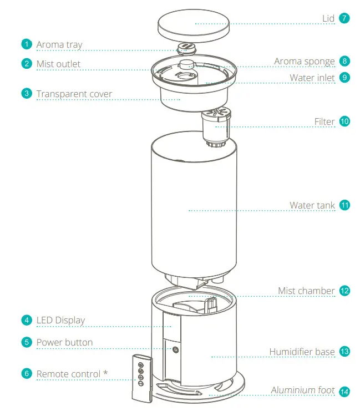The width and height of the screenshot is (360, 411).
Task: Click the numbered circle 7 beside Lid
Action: click(344, 18)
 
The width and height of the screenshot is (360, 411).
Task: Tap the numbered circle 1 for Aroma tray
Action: click(27, 44)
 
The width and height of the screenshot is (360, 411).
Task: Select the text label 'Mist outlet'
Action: click(58, 64)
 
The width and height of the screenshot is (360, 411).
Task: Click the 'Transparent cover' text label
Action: click(74, 94)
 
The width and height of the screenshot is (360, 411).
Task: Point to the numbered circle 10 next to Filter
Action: click(344, 121)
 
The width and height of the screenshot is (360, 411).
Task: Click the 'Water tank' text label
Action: click(312, 205)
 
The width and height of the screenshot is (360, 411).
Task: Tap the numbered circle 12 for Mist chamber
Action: click(344, 291)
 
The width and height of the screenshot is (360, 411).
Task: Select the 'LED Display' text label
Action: click(60, 320)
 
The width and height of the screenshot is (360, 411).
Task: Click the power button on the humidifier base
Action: click(175, 349)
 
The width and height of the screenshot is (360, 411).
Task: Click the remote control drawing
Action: click(140, 377)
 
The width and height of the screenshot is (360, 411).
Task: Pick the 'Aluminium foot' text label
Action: click(302, 390)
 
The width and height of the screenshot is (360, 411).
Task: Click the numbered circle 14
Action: click(344, 392)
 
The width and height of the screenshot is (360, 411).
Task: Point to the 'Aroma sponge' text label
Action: click(305, 62)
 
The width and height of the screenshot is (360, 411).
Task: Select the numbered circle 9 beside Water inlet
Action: click(344, 78)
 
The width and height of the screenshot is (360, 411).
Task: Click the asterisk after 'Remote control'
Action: click(105, 373)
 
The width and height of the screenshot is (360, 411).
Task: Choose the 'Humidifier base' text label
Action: click(302, 352)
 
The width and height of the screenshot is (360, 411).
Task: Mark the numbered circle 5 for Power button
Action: click(27, 342)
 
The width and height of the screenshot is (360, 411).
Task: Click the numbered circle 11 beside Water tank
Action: click(344, 205)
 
